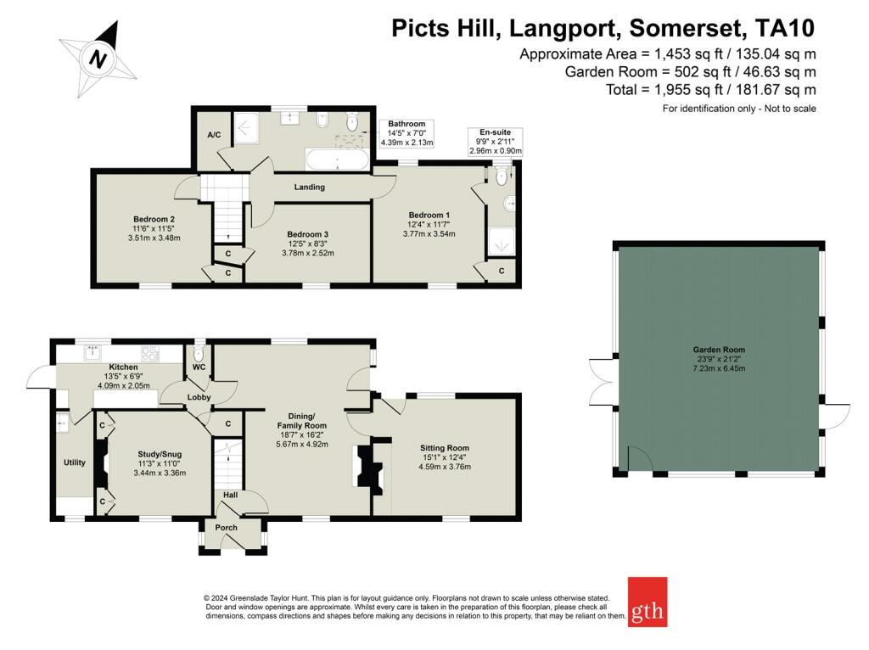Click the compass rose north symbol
coord(98,59)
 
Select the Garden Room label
coord(719,349)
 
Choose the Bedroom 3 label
coord(307,234)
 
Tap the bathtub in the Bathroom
coord(337,160)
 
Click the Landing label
coord(309,187)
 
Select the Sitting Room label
coord(445,448)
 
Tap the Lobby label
coord(199,397)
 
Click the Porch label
coord(226,528)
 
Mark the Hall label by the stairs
coord(230,495)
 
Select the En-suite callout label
coord(496,132)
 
